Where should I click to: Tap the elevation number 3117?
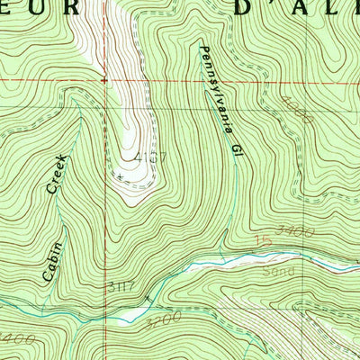(117, 289)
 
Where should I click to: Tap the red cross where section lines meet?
(105, 79)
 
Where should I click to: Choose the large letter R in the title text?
(110, 9)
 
